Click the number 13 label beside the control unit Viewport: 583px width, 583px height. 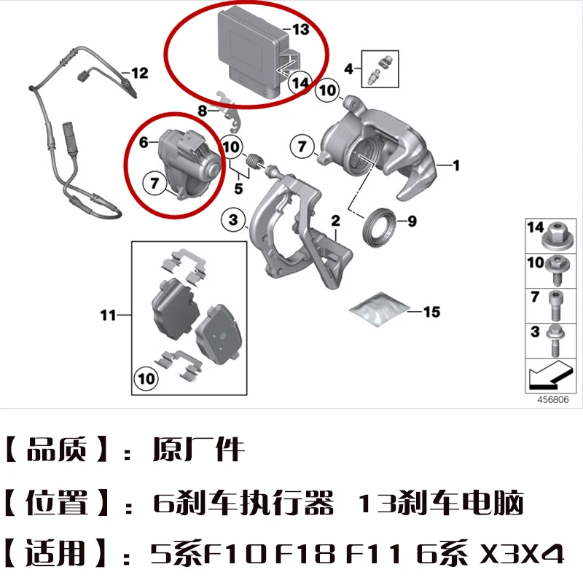click(301, 30)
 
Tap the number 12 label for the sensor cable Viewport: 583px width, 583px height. click(139, 73)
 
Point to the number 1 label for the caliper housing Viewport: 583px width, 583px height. click(457, 166)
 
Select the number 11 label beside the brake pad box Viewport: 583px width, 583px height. click(108, 316)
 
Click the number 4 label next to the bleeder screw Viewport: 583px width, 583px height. click(349, 69)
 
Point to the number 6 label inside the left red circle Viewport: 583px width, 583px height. click(144, 143)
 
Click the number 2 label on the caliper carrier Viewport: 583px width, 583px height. click(336, 220)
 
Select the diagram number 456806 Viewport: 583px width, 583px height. click(552, 399)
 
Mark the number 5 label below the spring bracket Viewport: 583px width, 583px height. click(238, 189)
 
